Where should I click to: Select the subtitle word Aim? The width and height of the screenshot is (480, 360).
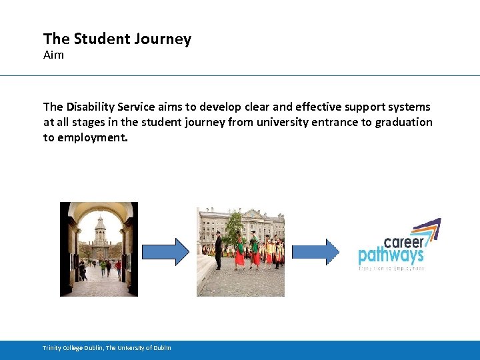pos(53,55)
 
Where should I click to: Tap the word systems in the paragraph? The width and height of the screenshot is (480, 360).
pos(406,107)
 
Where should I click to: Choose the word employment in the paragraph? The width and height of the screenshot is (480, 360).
pos(93,137)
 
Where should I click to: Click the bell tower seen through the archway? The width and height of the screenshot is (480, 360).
pos(100,233)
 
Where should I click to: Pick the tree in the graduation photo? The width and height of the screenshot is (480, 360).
pos(234,227)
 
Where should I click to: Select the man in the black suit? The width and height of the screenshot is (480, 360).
pos(218,251)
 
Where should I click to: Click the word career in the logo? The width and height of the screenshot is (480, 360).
pos(403,241)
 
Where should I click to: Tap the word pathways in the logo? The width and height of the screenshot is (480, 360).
pos(391,255)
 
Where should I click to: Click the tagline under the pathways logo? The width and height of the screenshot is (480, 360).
pos(391,268)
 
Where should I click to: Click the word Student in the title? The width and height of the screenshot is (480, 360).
pos(99,39)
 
